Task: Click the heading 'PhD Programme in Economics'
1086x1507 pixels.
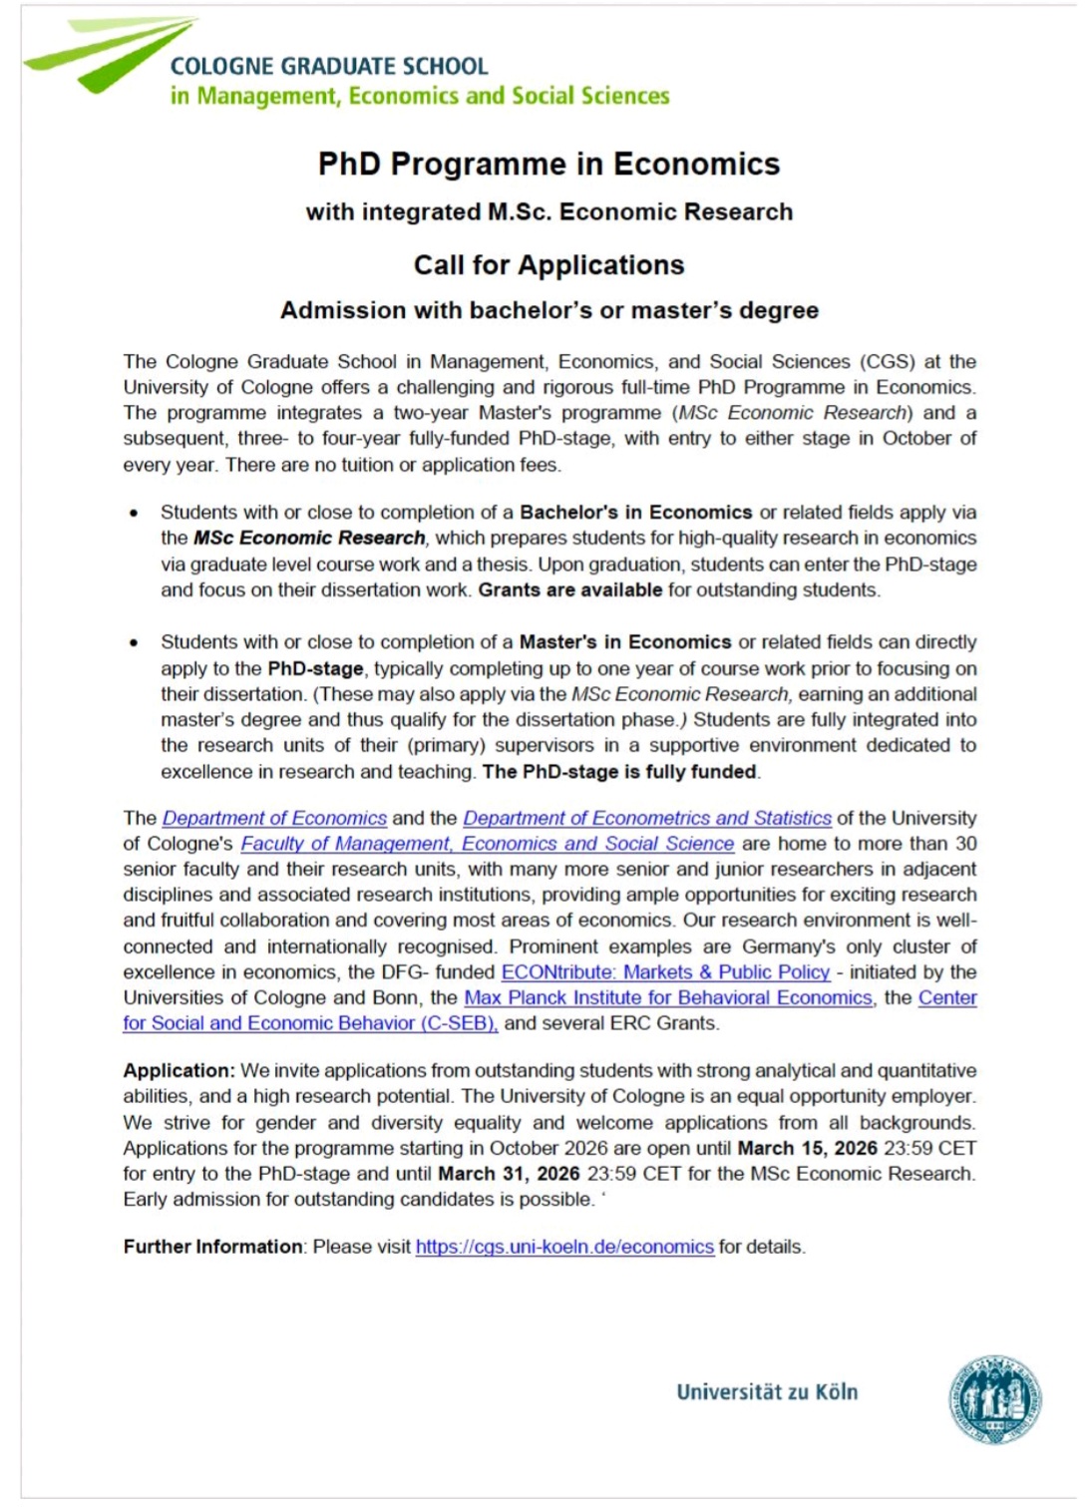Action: click(548, 164)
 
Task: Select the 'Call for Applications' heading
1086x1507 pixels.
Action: click(548, 264)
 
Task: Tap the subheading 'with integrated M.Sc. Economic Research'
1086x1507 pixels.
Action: click(548, 211)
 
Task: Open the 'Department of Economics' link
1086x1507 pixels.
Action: click(274, 818)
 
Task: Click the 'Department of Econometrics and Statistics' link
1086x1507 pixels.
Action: click(646, 818)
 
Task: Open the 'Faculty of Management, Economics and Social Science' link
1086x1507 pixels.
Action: click(487, 844)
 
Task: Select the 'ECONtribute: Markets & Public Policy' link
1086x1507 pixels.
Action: click(665, 972)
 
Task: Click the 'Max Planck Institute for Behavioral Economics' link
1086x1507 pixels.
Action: click(667, 997)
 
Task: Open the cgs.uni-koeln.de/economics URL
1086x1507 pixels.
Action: click(564, 1247)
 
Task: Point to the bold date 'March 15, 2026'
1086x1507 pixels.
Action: click(807, 1148)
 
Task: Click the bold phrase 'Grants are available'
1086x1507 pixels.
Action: click(569, 589)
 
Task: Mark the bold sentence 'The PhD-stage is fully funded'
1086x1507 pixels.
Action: click(619, 771)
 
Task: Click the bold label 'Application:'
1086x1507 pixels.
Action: click(179, 1070)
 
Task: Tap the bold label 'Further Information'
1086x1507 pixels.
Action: click(212, 1247)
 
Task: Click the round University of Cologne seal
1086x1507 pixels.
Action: click(994, 1399)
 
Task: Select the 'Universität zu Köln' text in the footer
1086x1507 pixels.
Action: click(766, 1392)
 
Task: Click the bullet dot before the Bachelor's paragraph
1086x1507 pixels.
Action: click(134, 514)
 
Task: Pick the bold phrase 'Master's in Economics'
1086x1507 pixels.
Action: click(625, 642)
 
